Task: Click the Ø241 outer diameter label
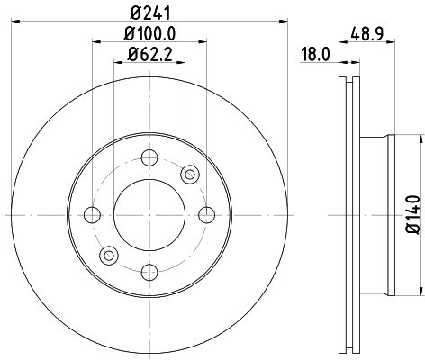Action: pyautogui.click(x=149, y=12)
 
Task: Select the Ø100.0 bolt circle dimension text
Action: pyautogui.click(x=149, y=37)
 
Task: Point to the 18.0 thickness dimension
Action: pyautogui.click(x=313, y=56)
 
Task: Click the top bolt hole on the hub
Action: pyautogui.click(x=149, y=157)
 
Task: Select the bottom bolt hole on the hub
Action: pyautogui.click(x=149, y=271)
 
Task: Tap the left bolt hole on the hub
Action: pyautogui.click(x=92, y=214)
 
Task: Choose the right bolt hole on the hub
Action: pyautogui.click(x=206, y=214)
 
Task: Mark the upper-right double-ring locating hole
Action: pyautogui.click(x=190, y=174)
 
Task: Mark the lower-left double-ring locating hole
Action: pyautogui.click(x=109, y=255)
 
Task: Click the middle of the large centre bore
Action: pyautogui.click(x=149, y=214)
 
